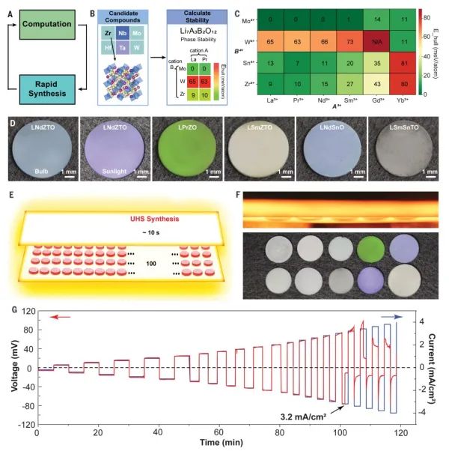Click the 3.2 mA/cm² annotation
[296, 412]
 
